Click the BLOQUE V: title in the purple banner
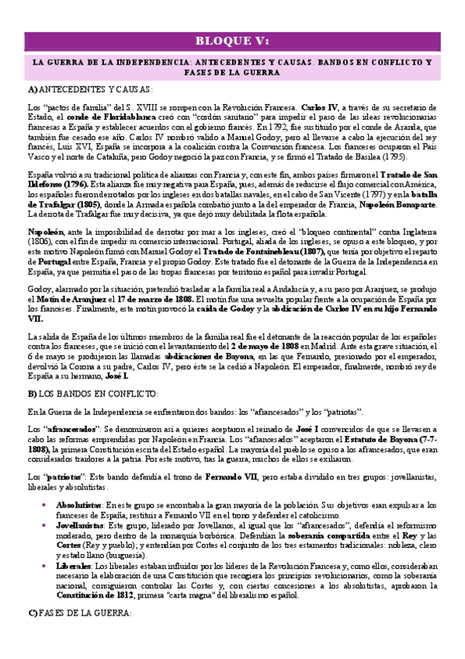click(x=232, y=41)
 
